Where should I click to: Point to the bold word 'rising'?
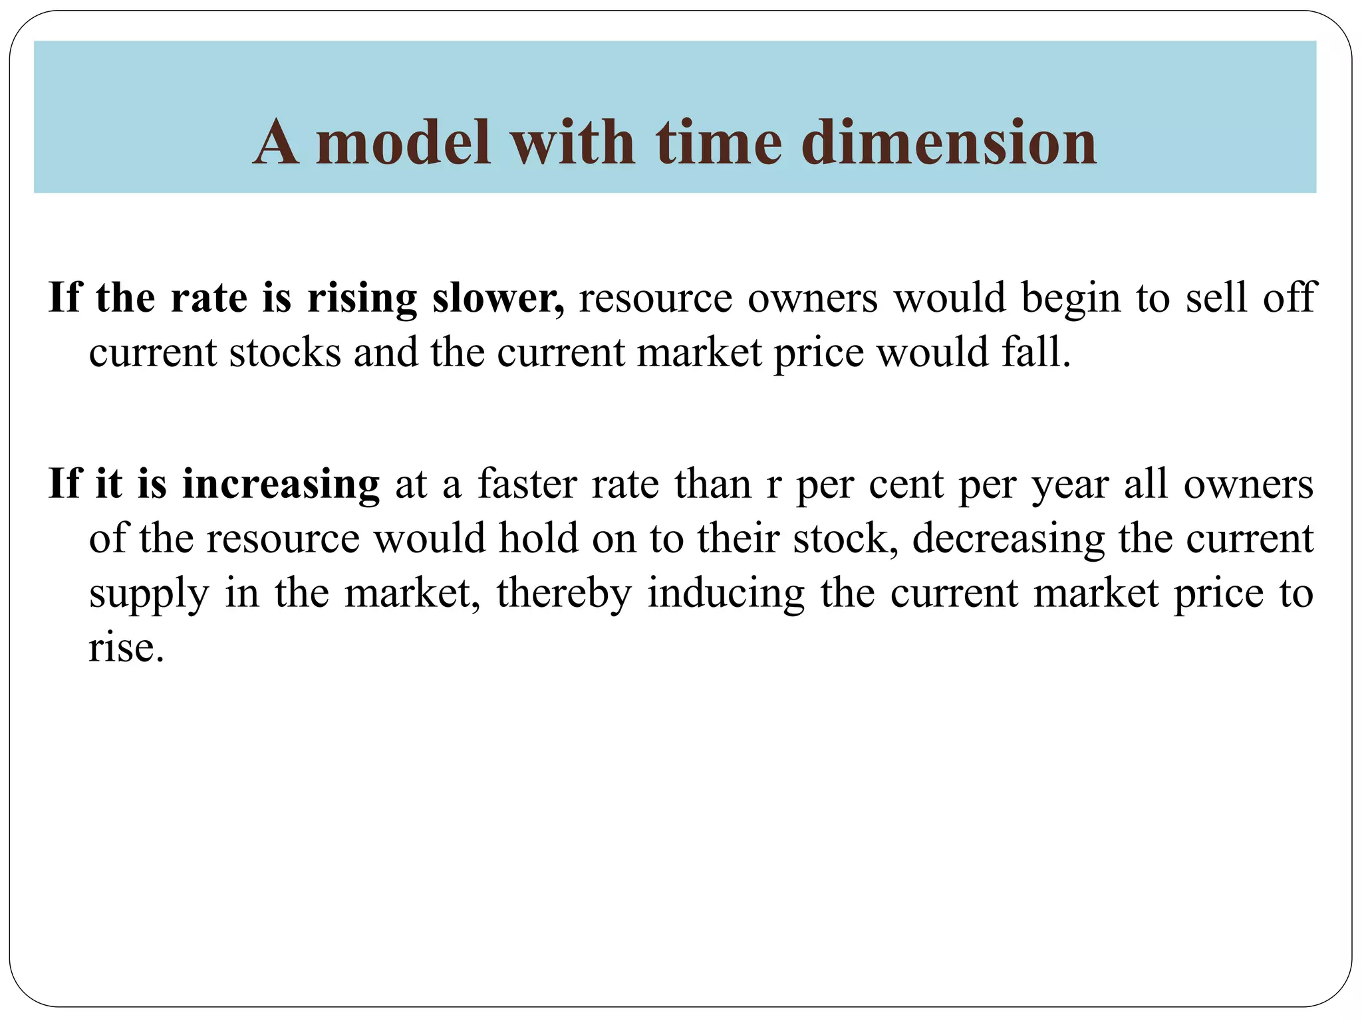click(x=362, y=298)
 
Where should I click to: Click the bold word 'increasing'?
click(x=281, y=485)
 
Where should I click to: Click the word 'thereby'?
click(x=563, y=593)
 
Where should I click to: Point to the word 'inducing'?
click(x=726, y=593)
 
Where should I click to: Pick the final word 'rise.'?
click(x=126, y=647)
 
